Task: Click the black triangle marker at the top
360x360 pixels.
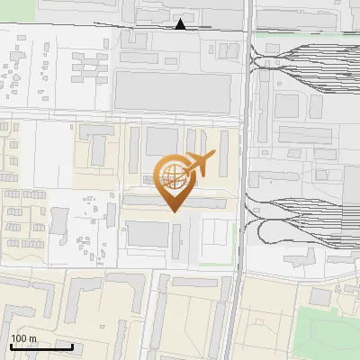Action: pyautogui.click(x=182, y=24)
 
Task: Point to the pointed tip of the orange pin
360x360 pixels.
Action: pyautogui.click(x=172, y=211)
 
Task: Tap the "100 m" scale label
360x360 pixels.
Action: pyautogui.click(x=23, y=338)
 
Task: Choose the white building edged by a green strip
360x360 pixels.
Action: pyautogui.click(x=216, y=238)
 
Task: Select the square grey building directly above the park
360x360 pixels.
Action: pyautogui.click(x=320, y=297)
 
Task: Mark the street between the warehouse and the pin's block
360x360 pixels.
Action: pyautogui.click(x=171, y=120)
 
